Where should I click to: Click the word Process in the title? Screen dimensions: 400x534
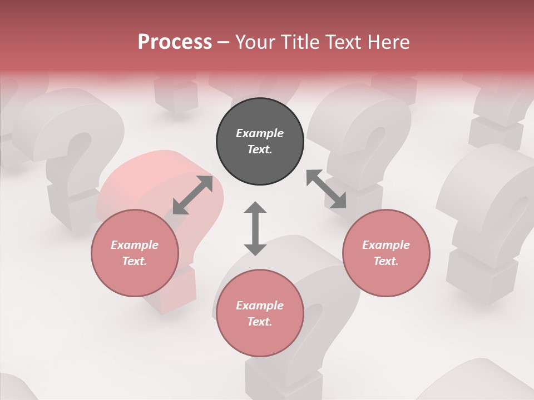pyautogui.click(x=175, y=42)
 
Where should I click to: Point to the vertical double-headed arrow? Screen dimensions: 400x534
pyautogui.click(x=255, y=228)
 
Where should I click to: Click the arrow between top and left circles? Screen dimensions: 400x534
pyautogui.click(x=192, y=195)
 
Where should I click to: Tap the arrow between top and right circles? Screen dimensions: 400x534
pyautogui.click(x=327, y=189)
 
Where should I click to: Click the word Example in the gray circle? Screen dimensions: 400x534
pyautogui.click(x=260, y=133)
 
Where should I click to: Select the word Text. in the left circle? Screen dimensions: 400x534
pyautogui.click(x=135, y=261)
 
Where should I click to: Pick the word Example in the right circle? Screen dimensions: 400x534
pyautogui.click(x=386, y=245)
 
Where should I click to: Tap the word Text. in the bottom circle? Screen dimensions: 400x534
pyautogui.click(x=260, y=322)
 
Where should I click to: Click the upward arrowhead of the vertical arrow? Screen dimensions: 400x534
pyautogui.click(x=255, y=207)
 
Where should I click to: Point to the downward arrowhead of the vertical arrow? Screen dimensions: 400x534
pyautogui.click(x=255, y=249)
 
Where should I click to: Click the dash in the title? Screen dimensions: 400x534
pyautogui.click(x=223, y=42)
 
